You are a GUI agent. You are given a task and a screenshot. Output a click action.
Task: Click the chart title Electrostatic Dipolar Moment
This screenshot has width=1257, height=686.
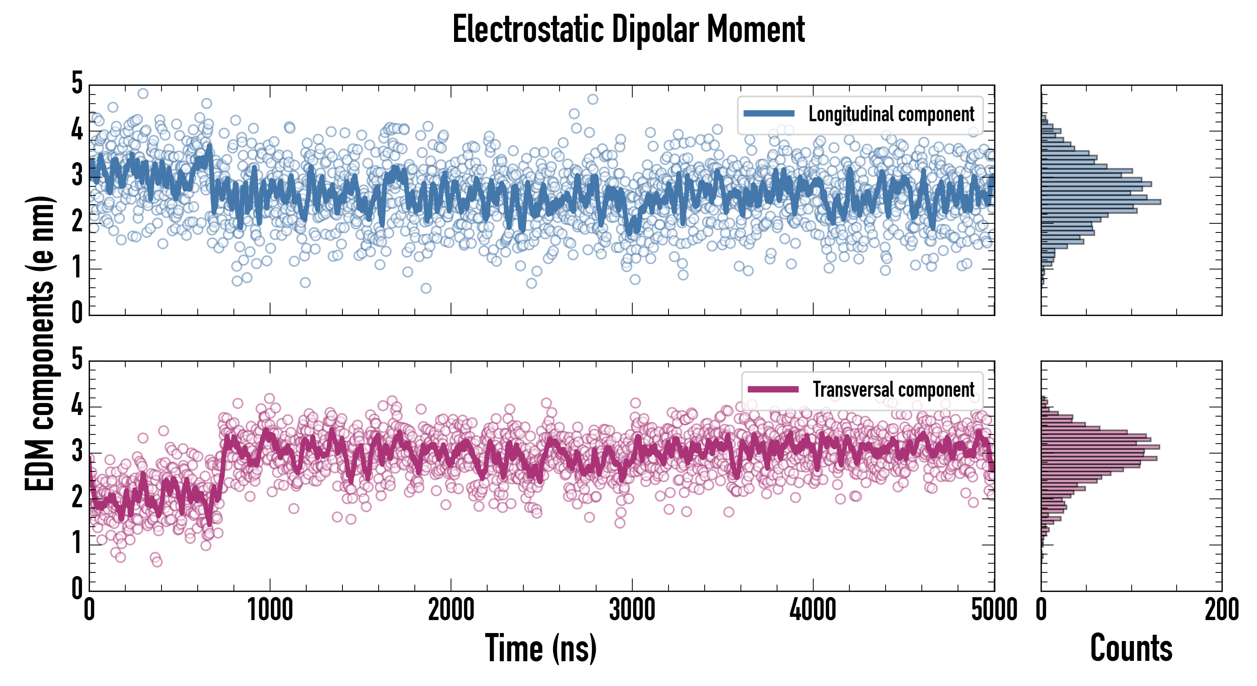(x=628, y=30)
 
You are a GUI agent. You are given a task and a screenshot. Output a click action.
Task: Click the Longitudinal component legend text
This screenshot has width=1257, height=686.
(x=891, y=114)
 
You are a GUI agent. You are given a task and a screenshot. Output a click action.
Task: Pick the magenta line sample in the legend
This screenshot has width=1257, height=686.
(x=773, y=389)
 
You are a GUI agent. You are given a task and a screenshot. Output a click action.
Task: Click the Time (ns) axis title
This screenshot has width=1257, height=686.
(x=541, y=648)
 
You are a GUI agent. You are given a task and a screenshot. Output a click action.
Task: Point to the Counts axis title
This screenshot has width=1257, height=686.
(x=1131, y=648)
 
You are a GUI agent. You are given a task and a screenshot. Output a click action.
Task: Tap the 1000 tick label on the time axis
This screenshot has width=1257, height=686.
(x=270, y=610)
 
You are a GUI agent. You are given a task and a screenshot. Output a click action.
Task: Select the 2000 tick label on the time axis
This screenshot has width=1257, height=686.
(x=451, y=610)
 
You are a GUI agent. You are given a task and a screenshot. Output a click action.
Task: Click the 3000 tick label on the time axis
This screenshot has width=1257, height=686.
(x=632, y=610)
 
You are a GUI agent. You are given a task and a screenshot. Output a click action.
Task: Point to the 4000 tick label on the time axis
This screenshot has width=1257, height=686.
(x=813, y=610)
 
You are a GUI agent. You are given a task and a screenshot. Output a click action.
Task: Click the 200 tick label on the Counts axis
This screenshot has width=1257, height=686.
(x=1221, y=610)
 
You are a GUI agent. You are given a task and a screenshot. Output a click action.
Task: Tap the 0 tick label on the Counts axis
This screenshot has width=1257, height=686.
(x=1041, y=610)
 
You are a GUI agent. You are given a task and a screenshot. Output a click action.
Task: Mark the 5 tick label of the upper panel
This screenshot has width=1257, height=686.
(x=77, y=83)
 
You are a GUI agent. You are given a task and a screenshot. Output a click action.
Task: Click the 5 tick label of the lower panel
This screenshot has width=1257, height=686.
(x=77, y=359)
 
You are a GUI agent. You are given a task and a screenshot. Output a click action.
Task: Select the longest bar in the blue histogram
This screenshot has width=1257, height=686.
(x=1101, y=202)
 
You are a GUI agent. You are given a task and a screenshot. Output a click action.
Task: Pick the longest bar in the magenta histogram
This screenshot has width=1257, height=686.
(x=1100, y=447)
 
